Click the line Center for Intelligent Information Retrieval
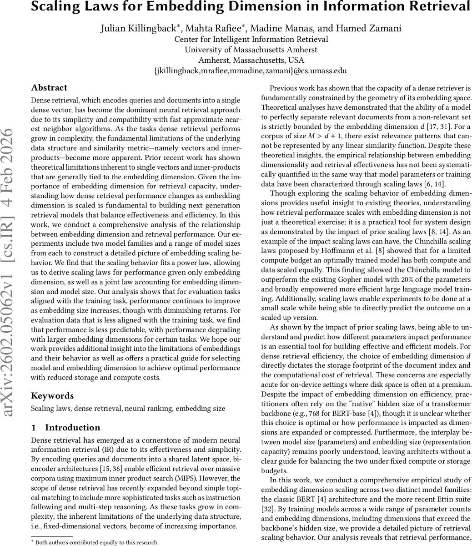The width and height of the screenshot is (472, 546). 251,39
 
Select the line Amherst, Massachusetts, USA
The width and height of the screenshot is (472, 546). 251,60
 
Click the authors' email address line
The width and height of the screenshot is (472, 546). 251,71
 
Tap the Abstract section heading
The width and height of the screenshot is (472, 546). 49,88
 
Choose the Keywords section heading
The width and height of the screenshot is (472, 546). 52,396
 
